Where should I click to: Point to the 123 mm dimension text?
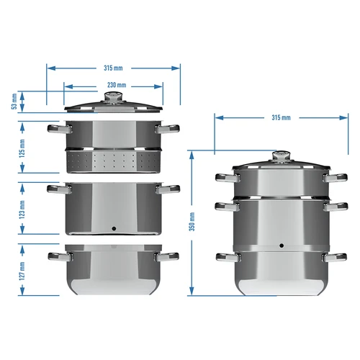(x=22, y=209)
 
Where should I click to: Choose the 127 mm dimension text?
(x=22, y=270)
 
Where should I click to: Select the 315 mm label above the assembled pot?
(x=281, y=117)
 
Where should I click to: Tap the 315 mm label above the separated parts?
(x=114, y=68)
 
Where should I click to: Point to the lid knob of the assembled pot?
(x=282, y=156)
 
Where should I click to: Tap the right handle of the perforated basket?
(x=170, y=130)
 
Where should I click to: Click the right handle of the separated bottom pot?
(x=170, y=255)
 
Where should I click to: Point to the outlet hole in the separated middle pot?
(x=114, y=228)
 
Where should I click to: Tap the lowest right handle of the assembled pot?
(x=335, y=256)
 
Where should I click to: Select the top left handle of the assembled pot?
(x=225, y=177)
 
